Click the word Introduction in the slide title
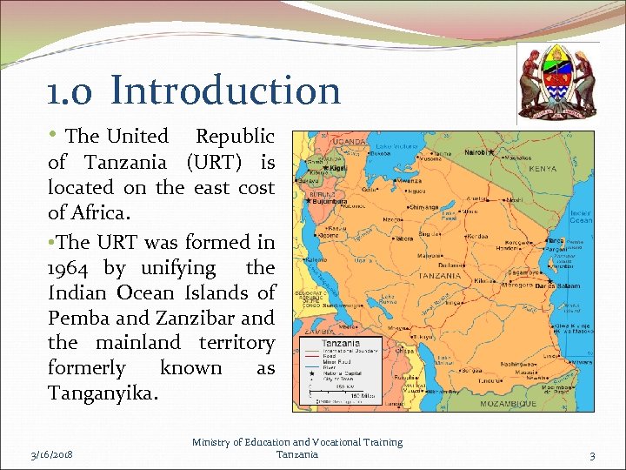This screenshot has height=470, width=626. point(225,91)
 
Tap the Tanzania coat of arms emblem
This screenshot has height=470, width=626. point(556,82)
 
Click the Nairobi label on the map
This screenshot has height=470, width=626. point(476,152)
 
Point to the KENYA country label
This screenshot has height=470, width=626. point(543,168)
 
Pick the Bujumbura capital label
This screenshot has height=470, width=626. point(329,202)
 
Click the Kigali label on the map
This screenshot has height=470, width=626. point(337,168)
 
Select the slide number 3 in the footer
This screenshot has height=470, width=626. point(591,455)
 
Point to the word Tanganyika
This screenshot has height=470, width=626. point(103,393)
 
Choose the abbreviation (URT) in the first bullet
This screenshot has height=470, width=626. point(213,162)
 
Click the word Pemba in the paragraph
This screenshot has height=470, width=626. point(80,319)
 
